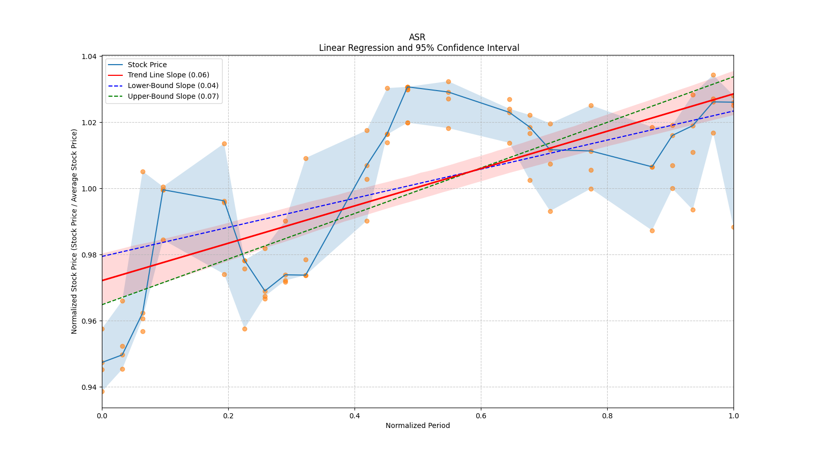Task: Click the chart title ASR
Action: click(x=417, y=37)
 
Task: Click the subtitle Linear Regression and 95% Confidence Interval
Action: click(x=419, y=48)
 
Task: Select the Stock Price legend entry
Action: click(x=147, y=65)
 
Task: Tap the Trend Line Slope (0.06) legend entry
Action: click(x=168, y=75)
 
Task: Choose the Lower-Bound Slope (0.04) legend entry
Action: click(x=173, y=85)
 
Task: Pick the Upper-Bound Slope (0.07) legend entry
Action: click(x=173, y=96)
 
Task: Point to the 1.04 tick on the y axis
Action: click(x=90, y=56)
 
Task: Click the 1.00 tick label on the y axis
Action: click(x=90, y=189)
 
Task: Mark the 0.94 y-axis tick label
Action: click(x=90, y=387)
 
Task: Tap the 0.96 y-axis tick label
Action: click(x=90, y=321)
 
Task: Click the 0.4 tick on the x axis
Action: click(x=355, y=416)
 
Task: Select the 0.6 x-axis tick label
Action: click(x=481, y=416)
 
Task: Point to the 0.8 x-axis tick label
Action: click(x=607, y=416)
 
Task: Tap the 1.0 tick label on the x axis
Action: click(x=733, y=416)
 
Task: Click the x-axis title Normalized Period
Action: click(x=418, y=425)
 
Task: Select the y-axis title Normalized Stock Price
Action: click(x=74, y=232)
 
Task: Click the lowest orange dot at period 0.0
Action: click(x=102, y=391)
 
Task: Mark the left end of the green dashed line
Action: click(x=102, y=304)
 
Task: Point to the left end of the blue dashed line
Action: click(x=102, y=256)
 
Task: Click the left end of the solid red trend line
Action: click(x=102, y=280)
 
